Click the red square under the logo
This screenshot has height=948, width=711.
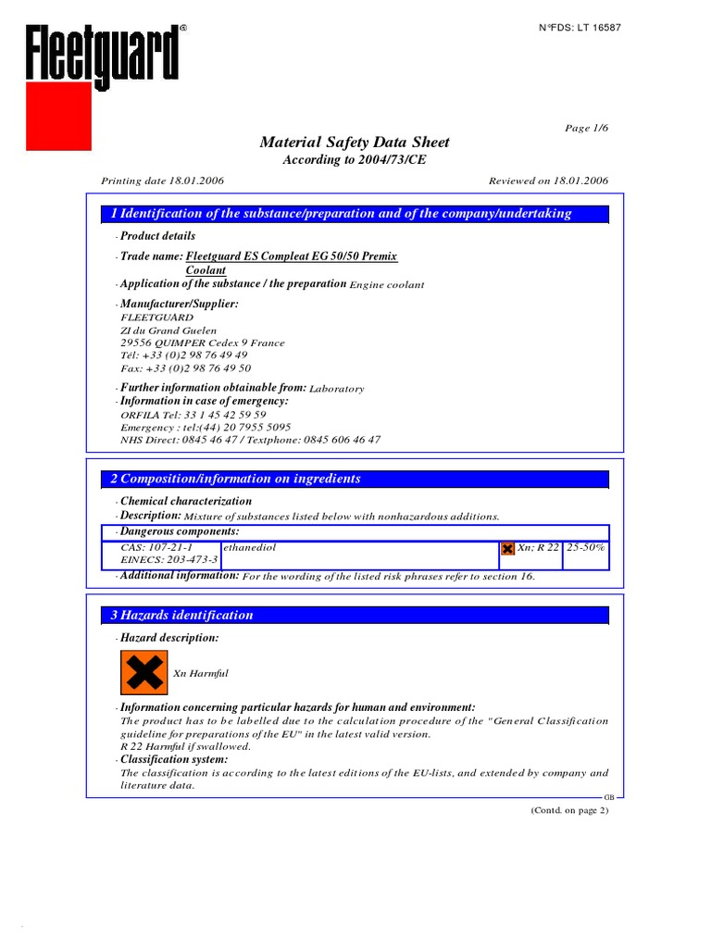click(x=58, y=116)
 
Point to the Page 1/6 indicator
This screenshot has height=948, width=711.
click(x=586, y=128)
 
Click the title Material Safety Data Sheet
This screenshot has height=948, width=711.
click(x=355, y=143)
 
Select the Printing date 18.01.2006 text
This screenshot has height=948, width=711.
click(x=162, y=181)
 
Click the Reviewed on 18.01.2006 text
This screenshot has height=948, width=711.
click(x=547, y=181)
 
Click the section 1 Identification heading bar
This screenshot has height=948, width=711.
click(x=355, y=214)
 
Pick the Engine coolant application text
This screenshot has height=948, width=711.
click(x=387, y=285)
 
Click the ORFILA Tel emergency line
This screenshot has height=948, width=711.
click(x=193, y=415)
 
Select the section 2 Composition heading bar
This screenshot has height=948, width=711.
click(x=355, y=480)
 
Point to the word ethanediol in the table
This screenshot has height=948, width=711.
click(x=250, y=547)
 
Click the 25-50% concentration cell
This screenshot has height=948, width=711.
click(x=586, y=547)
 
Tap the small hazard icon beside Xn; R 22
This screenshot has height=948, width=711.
click(x=507, y=549)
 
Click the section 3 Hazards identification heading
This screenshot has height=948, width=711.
click(x=355, y=616)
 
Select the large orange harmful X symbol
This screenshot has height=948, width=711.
click(x=143, y=673)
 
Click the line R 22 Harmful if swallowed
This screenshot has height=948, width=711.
click(x=185, y=746)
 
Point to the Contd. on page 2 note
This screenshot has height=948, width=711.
click(x=568, y=810)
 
